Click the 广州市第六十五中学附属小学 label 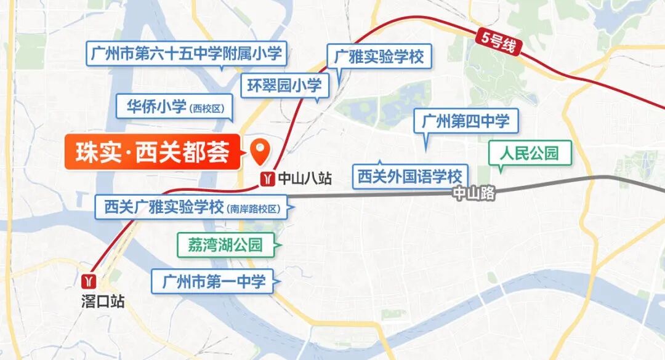(x=185, y=53)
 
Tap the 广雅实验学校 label (x=379, y=58)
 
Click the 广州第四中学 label (x=465, y=121)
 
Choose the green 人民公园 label (x=530, y=153)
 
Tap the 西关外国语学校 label (x=409, y=177)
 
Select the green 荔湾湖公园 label (x=225, y=245)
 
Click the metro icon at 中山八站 (x=267, y=178)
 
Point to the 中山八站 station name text (x=305, y=178)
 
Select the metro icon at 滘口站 (x=90, y=281)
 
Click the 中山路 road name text (x=474, y=193)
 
